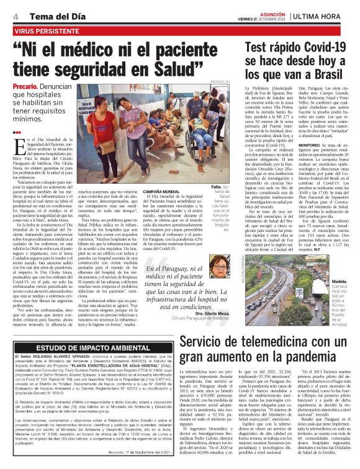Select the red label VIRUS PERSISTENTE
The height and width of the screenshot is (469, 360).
point(41,29)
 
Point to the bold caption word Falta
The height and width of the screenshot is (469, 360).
point(217,186)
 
